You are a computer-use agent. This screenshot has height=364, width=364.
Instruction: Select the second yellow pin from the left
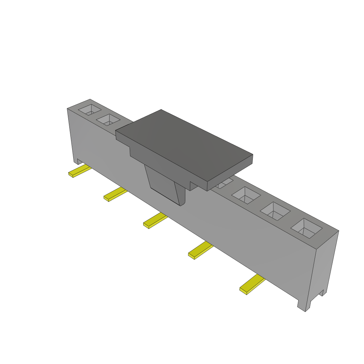point(115,195)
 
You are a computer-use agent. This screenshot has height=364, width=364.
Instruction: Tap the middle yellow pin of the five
point(155,221)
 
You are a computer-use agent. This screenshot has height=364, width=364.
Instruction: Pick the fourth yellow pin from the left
point(200,250)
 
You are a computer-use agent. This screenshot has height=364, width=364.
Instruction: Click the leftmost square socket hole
point(90,110)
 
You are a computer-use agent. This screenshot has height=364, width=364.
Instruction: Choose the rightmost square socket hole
point(306,228)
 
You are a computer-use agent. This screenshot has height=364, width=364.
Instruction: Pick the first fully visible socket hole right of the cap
point(246,195)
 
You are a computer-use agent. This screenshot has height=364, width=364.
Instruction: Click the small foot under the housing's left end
point(76,161)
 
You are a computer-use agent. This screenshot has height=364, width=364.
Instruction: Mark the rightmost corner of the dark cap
point(252,155)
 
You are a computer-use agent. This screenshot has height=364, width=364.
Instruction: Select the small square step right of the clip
point(194,186)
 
